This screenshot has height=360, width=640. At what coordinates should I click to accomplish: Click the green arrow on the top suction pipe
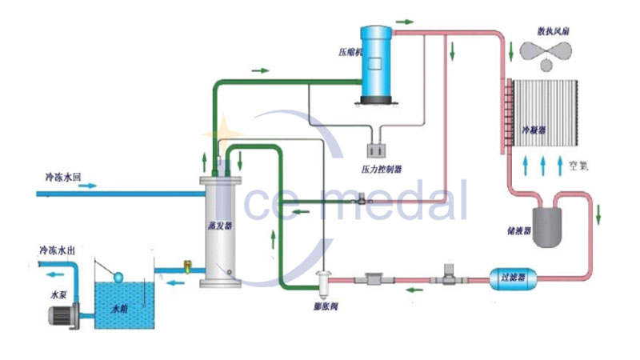pos(261,70)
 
